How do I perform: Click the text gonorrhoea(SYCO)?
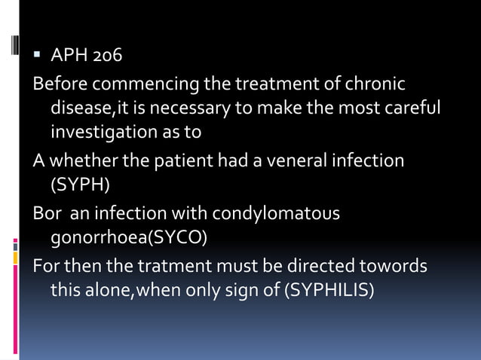128,239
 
